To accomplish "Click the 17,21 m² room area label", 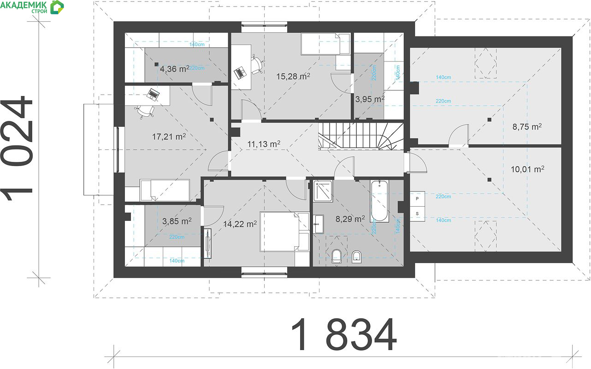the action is click(169, 137).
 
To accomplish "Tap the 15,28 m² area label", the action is click(293, 76).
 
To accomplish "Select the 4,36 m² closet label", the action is click(175, 69).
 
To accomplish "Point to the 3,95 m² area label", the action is click(370, 99).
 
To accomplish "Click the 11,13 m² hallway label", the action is click(264, 144).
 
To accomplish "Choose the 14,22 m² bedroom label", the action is click(240, 224).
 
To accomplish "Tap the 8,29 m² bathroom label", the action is click(350, 219).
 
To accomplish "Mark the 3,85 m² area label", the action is click(177, 221).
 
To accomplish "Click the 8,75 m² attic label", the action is click(527, 127).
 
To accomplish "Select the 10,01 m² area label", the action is click(527, 169).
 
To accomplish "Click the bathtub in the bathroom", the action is click(379, 201).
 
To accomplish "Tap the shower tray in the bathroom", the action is click(323, 191).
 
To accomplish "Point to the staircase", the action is click(361, 137).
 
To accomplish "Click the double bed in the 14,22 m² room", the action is click(284, 232).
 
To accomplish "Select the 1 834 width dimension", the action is click(344, 335).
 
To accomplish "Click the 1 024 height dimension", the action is click(16, 148).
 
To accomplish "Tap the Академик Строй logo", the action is click(32, 7).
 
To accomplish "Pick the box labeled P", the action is click(417, 199).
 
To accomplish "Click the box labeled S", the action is click(417, 214).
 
